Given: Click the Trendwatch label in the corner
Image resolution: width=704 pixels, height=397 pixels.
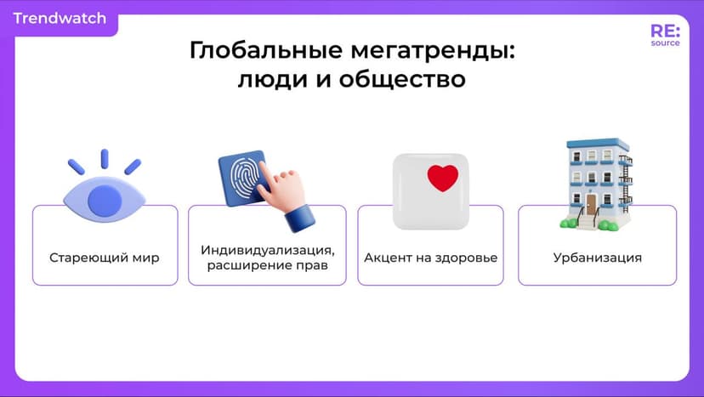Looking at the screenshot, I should pos(60,18).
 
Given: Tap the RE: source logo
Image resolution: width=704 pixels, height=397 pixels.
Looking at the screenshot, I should pos(665,35).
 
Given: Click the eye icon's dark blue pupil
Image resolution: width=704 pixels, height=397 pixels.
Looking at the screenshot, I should pos(105,200).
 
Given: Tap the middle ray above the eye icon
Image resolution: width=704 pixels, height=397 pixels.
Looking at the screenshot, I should pos(105,159).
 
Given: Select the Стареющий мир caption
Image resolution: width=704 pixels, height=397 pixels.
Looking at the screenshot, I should pos(104,257).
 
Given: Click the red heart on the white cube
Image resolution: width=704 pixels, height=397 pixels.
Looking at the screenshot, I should pos(442,177).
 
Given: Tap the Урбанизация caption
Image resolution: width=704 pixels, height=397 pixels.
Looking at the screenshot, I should pos(597,257).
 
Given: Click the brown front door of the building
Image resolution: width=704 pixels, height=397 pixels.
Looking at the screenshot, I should pos(591,204).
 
